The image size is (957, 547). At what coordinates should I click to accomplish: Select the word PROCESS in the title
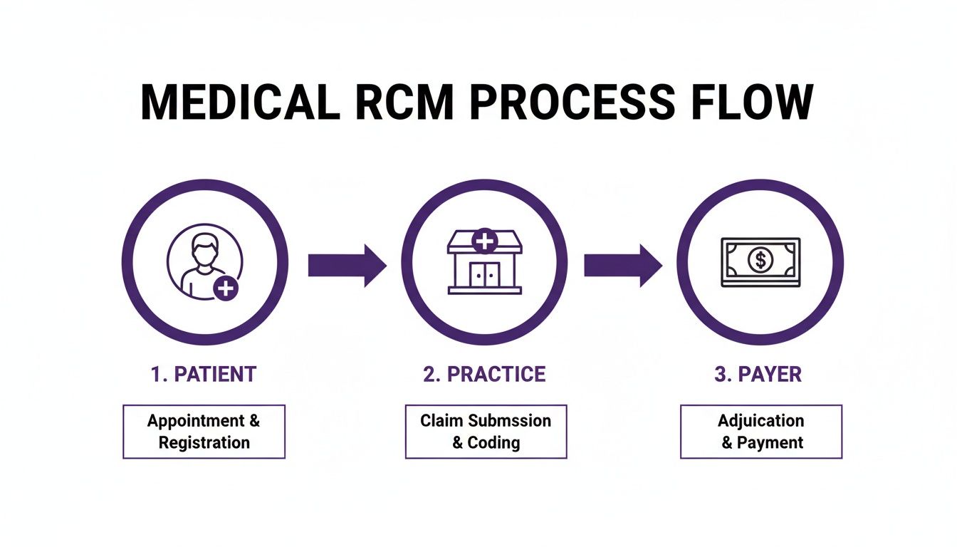pos(571,103)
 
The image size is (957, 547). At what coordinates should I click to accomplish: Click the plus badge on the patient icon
pos(226,288)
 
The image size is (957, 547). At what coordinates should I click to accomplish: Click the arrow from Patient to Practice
pos(347,265)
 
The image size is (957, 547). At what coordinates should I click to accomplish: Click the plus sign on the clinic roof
pos(484,241)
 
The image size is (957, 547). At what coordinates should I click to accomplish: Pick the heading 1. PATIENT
pos(204,375)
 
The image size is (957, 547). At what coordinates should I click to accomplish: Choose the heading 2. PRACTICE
pos(484,375)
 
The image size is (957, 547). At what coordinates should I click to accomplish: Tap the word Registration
pos(204,442)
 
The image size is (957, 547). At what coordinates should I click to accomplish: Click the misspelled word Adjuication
pos(760,420)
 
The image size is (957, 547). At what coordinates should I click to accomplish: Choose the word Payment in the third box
pos(770,442)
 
